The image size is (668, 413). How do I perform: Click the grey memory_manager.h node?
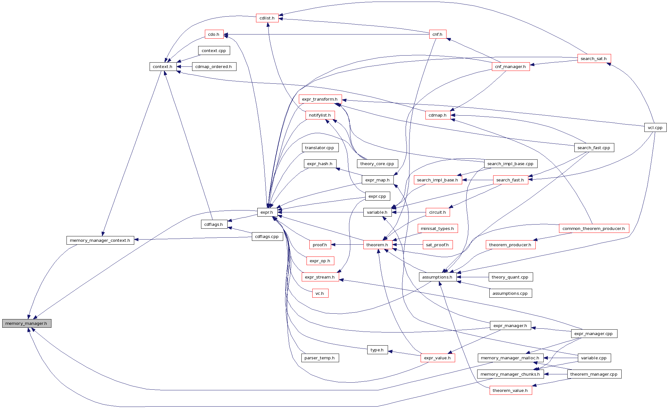(x=27, y=323)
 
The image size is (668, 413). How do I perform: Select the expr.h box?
(x=267, y=212)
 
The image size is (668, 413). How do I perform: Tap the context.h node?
(x=163, y=66)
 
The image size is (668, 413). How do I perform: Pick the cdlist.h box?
(x=267, y=18)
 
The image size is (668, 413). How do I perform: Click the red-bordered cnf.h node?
(x=437, y=34)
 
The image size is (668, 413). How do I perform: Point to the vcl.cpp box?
(x=655, y=127)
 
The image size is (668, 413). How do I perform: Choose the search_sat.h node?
(x=594, y=58)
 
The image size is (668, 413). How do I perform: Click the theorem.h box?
(x=377, y=245)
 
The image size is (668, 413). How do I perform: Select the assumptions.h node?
(x=437, y=277)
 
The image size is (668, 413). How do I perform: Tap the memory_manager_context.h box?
(x=100, y=240)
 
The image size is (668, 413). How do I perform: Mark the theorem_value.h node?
(x=510, y=390)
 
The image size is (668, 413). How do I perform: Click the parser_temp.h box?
(x=320, y=358)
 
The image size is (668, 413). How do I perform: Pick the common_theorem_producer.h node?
(x=594, y=228)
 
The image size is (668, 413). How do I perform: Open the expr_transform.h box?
(x=320, y=99)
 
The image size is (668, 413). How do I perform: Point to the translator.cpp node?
(x=320, y=148)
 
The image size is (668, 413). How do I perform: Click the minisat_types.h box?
(x=437, y=228)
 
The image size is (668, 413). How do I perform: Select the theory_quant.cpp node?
(x=510, y=277)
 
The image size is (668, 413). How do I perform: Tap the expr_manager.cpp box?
(x=594, y=333)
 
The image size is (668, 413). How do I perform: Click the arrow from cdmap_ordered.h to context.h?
(x=184, y=66)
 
